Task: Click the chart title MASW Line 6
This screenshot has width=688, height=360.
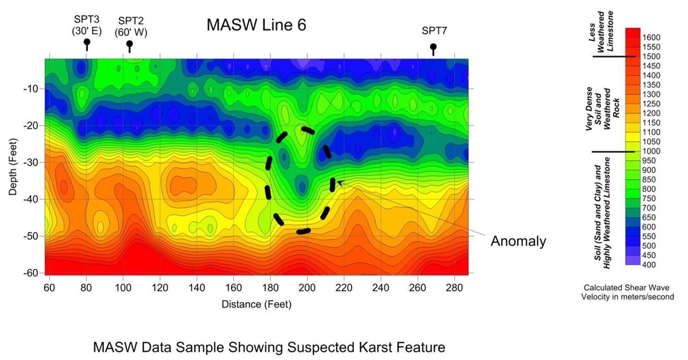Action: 256,25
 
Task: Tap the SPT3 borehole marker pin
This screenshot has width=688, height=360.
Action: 87,43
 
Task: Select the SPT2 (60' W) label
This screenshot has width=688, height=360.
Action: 131,26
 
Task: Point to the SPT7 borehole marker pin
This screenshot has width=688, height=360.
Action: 433,47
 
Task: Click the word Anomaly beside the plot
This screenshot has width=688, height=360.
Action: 518,241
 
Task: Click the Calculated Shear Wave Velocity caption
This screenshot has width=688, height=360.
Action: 627,292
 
